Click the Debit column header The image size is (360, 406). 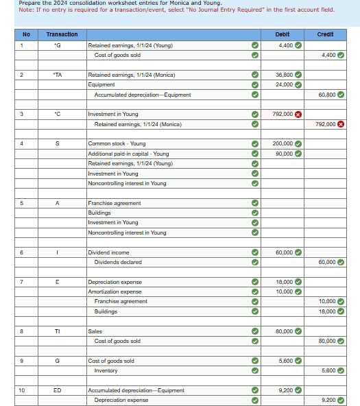tap(282, 34)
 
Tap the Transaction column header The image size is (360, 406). tap(62, 34)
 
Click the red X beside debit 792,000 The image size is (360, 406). tap(298, 115)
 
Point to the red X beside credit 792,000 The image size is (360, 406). tap(341, 124)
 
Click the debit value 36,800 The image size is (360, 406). tap(284, 75)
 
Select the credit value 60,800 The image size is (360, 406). tap(328, 95)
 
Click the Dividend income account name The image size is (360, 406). tap(108, 252)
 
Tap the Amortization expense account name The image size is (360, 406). tap(115, 291)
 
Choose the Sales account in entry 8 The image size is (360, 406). tap(95, 331)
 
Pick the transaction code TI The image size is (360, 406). tap(58, 331)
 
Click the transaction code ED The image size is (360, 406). tap(58, 390)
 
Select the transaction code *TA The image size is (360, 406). tap(58, 75)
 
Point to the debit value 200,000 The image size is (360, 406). tap(283, 144)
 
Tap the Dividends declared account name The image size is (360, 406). tap(118, 262)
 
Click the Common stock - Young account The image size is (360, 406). tap(117, 144)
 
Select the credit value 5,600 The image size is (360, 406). tap(330, 370)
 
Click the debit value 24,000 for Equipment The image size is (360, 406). tap(284, 85)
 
